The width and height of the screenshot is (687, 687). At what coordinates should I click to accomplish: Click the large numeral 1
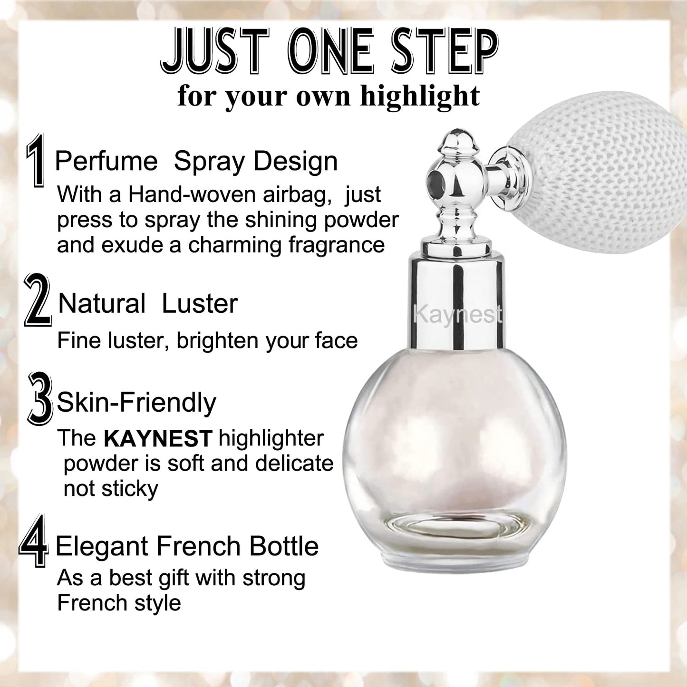[x=35, y=161]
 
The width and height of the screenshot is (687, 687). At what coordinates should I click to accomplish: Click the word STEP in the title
[x=444, y=51]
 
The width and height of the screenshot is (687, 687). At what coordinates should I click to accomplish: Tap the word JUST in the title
[x=215, y=51]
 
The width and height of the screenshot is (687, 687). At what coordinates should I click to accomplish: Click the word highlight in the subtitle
[x=420, y=96]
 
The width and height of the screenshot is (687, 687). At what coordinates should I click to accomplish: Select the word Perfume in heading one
[x=106, y=161]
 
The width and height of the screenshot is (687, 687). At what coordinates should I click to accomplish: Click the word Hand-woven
[x=179, y=194]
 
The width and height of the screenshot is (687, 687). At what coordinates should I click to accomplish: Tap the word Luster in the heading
[x=199, y=304]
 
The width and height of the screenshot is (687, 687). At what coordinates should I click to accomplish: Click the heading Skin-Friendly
[x=136, y=403]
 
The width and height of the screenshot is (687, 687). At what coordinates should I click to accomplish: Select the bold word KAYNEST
[x=158, y=439]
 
